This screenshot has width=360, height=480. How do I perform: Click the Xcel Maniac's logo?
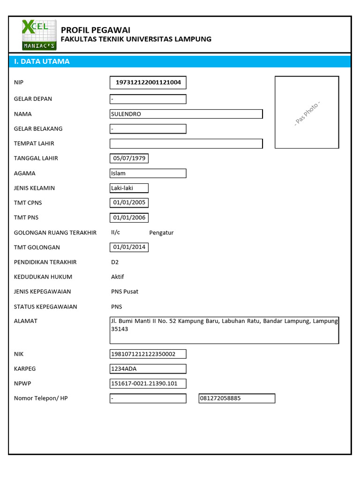[39, 35]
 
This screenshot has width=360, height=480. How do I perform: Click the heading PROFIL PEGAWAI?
[96, 30]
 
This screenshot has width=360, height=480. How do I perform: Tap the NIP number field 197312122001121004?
[148, 83]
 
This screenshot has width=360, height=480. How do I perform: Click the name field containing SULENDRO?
[186, 114]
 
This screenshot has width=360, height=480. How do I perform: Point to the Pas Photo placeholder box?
[307, 112]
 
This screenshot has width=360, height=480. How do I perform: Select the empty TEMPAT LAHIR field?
[186, 143]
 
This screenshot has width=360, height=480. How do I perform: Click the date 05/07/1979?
[129, 158]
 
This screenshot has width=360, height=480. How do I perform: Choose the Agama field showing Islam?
[148, 173]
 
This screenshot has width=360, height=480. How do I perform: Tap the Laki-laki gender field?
[129, 188]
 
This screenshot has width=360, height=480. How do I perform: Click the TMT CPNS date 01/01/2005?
[129, 203]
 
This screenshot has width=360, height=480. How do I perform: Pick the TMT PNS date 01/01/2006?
[129, 217]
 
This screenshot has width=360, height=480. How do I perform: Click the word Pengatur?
[161, 232]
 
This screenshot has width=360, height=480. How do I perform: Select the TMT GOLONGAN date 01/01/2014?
[129, 247]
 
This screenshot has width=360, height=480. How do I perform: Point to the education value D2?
[115, 262]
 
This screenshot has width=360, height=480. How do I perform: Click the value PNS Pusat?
[125, 292]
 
